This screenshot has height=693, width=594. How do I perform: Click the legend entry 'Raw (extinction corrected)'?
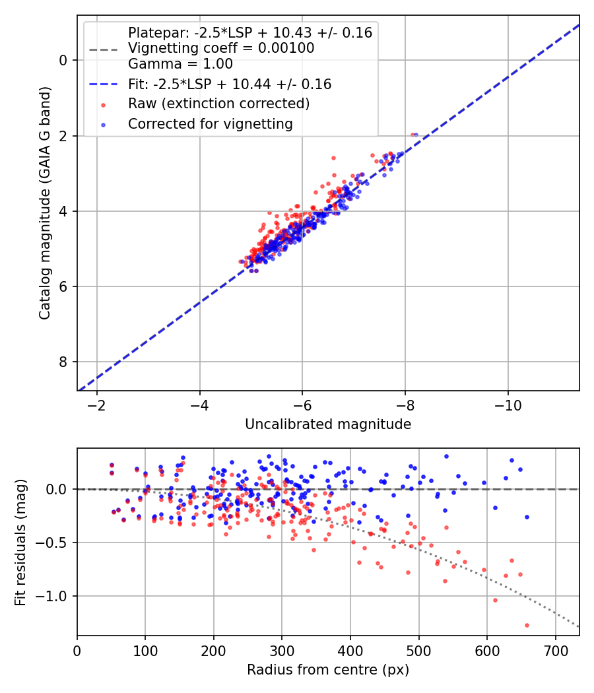tap(218, 104)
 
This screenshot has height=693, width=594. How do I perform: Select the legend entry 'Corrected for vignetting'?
tap(210, 123)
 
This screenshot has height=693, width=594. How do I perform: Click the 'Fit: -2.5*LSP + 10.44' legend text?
tap(230, 84)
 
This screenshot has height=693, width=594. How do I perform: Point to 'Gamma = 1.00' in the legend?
tap(180, 64)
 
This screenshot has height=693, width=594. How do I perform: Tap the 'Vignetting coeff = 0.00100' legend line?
tap(221, 48)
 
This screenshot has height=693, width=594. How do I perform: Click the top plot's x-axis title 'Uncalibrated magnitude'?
tap(328, 424)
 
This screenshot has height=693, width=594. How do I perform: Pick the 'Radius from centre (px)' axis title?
tap(328, 670)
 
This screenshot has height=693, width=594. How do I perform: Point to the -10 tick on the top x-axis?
tap(508, 403)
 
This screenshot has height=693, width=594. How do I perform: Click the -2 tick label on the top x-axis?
tap(97, 403)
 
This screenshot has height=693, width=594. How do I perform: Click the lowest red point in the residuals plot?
tap(527, 625)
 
